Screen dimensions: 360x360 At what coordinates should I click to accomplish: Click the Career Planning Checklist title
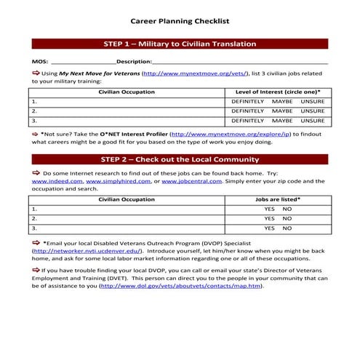tap(180, 22)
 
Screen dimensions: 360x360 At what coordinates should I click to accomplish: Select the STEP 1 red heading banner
tap(180, 44)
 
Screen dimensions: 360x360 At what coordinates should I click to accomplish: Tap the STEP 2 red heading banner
tap(180, 159)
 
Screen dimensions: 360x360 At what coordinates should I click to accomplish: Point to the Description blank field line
tap(240, 63)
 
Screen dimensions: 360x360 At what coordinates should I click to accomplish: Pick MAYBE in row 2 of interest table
tap(282, 111)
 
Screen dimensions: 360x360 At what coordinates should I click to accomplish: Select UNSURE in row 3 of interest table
tap(313, 121)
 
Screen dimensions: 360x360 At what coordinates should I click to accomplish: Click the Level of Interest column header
tap(278, 91)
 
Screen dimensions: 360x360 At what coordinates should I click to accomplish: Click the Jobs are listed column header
tap(278, 199)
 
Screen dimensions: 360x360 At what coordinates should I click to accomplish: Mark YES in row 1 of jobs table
tap(269, 208)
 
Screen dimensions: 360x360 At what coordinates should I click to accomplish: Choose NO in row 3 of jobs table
tap(287, 228)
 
